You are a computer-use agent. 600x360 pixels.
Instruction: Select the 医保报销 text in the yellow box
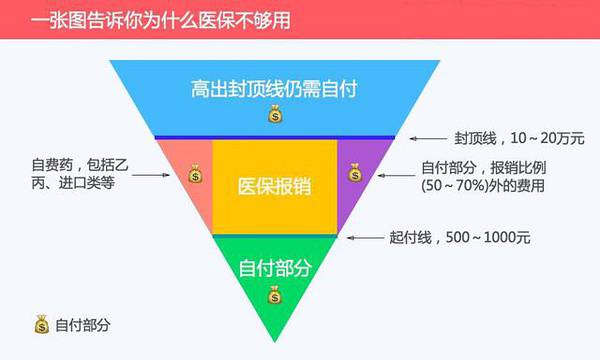(x=273, y=187)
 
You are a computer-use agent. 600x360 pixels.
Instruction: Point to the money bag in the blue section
(x=274, y=114)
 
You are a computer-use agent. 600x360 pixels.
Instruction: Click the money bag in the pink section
(x=193, y=174)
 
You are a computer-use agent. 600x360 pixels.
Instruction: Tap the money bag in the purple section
(x=353, y=174)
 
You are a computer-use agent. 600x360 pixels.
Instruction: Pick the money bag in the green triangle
(x=274, y=294)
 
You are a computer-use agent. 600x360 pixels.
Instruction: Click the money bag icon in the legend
(x=41, y=324)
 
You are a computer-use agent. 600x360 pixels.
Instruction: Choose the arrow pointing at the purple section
(x=394, y=174)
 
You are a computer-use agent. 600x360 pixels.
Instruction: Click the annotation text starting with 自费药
(x=79, y=174)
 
